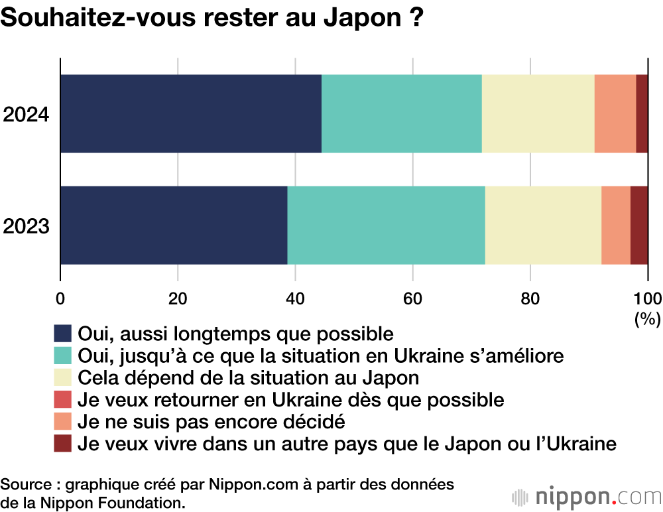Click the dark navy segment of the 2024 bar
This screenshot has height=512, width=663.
pos(191,113)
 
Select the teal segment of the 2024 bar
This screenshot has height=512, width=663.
pos(401,113)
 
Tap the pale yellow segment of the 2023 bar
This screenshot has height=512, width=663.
pos(543,225)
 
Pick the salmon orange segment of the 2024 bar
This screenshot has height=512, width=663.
pos(615,113)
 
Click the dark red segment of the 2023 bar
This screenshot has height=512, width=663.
pos(638,225)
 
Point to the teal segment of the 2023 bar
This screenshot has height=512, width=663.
pos(386,225)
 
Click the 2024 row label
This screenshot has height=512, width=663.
pos(27,114)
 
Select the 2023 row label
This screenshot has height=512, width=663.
pos(27,226)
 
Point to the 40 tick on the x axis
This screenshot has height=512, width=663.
pos(296,297)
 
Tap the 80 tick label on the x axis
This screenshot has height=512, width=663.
pos(530,297)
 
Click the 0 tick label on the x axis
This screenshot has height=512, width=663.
pos(61,297)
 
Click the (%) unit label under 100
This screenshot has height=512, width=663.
pos(647,319)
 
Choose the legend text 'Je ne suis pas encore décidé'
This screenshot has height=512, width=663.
pos(211,421)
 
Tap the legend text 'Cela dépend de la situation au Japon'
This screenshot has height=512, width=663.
pos(249,377)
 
